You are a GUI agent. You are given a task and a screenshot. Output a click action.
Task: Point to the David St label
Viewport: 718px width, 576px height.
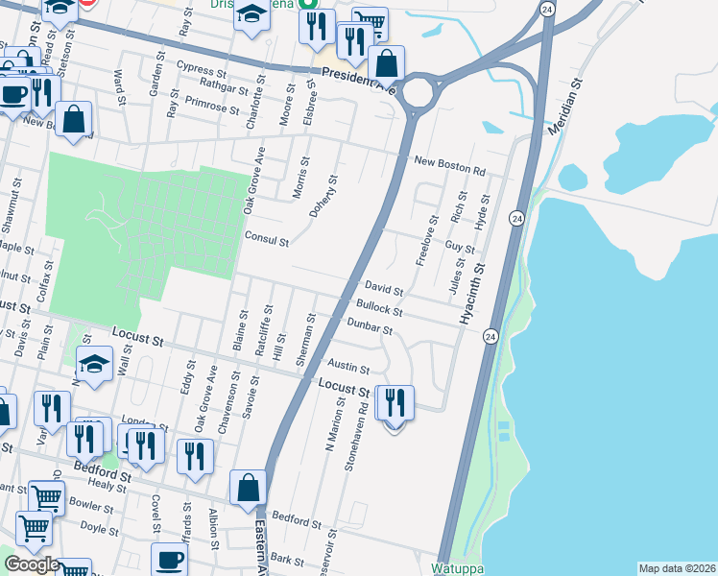[383, 288]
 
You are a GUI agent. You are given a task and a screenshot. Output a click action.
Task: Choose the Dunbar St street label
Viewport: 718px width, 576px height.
[370, 328]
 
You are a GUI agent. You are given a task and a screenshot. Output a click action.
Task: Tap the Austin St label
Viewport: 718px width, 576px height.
[348, 368]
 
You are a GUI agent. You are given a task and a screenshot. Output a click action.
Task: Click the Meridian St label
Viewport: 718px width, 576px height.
[564, 107]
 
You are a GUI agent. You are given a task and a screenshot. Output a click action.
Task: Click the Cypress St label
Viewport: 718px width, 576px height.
[201, 67]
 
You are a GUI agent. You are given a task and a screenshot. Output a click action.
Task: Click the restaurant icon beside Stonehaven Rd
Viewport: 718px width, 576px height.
[395, 404]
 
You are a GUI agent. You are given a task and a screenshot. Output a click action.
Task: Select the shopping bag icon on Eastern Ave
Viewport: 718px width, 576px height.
[248, 487]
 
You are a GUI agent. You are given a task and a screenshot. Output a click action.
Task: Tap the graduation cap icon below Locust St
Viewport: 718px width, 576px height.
[94, 365]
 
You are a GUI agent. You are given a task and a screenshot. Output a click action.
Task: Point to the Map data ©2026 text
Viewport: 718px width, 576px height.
[677, 568]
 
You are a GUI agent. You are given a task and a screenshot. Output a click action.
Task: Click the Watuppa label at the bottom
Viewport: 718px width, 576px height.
[457, 568]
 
